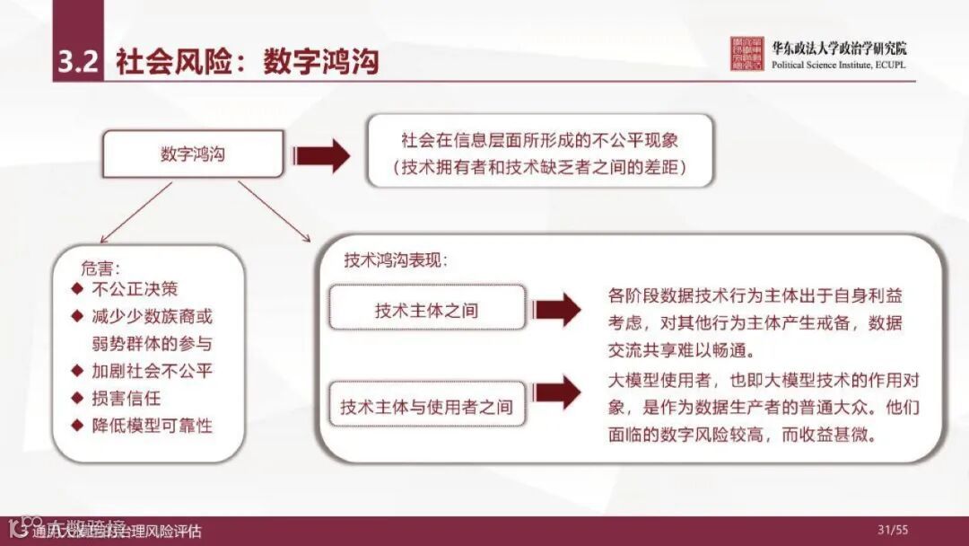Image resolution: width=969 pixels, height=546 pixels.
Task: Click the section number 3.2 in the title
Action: click(x=77, y=62)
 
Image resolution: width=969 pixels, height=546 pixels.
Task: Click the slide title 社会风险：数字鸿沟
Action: click(x=247, y=62)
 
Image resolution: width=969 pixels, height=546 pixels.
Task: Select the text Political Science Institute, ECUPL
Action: click(x=836, y=66)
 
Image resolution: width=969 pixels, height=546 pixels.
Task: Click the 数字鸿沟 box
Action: click(x=193, y=154)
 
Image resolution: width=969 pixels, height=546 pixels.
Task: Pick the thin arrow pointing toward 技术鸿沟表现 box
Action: click(x=273, y=212)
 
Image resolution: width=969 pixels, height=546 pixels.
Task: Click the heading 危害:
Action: click(x=100, y=268)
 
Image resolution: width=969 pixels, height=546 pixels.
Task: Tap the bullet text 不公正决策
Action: click(x=135, y=289)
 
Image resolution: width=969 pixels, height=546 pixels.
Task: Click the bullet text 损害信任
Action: click(x=127, y=398)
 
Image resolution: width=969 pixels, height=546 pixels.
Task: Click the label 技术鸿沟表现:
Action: click(x=395, y=260)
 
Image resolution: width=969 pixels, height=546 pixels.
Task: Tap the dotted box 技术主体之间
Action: click(x=426, y=311)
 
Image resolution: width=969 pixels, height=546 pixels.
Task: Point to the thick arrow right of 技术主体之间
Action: click(x=558, y=310)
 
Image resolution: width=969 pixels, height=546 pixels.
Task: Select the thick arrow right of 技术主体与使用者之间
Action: click(x=558, y=393)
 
